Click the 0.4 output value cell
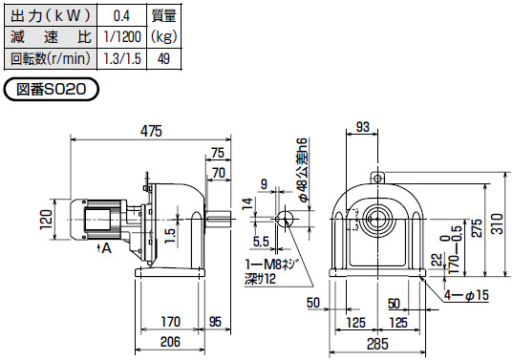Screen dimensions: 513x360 (121, 15)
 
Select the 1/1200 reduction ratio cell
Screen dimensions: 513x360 (121, 36)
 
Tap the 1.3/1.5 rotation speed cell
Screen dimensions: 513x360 (121, 59)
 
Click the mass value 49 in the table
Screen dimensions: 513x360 (163, 59)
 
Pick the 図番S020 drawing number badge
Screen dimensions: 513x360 (51, 89)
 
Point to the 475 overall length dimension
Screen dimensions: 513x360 (151, 131)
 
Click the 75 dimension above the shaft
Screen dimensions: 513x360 (218, 153)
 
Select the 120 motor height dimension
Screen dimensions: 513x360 (47, 220)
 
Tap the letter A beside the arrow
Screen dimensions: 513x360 (106, 248)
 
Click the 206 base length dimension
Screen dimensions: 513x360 (170, 342)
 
